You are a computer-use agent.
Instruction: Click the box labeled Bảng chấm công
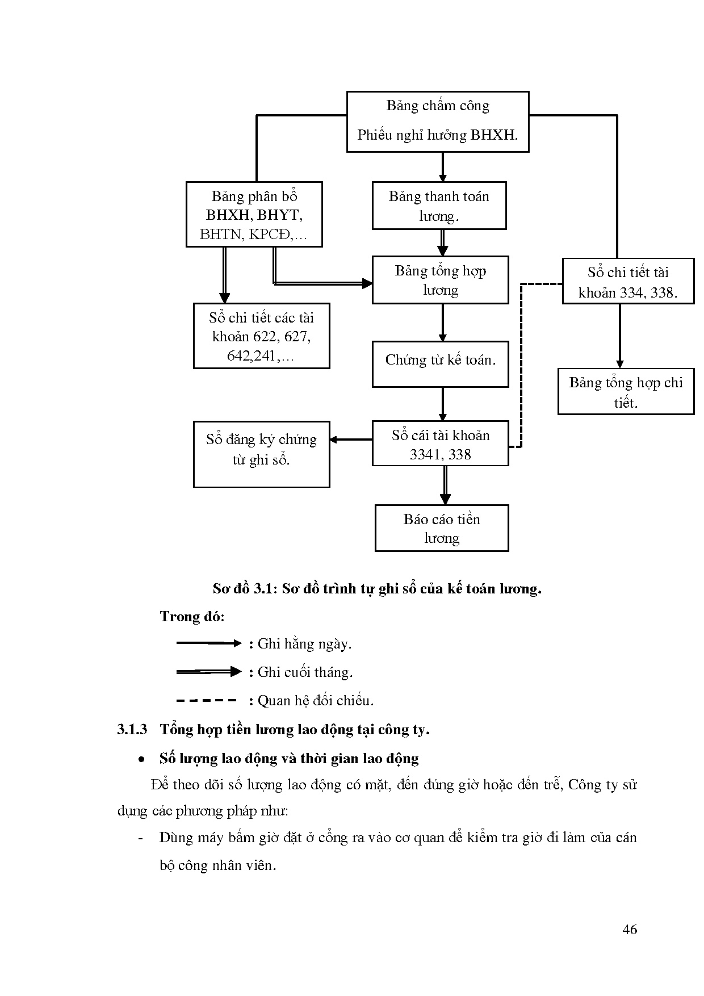(x=438, y=122)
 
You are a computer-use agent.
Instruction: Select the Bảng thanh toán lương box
(x=439, y=206)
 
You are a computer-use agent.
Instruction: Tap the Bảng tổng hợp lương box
(x=440, y=280)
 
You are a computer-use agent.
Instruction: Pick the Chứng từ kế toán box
(x=440, y=364)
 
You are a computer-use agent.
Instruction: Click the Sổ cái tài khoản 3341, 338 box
(x=440, y=443)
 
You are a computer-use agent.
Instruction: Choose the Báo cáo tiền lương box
(x=441, y=528)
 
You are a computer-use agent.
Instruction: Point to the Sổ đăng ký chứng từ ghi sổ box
(x=261, y=454)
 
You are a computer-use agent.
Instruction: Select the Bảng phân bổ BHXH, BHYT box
(x=254, y=215)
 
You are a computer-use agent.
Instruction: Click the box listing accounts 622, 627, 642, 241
(x=261, y=336)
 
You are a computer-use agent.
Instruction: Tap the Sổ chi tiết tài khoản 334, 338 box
(x=628, y=282)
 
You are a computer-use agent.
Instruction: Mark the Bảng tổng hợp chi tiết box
(x=626, y=392)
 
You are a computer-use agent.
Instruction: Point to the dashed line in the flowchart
(x=521, y=363)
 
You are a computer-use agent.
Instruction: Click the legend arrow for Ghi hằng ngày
(x=209, y=643)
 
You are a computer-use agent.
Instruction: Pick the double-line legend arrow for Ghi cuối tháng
(x=209, y=672)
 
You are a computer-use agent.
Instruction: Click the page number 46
(x=630, y=930)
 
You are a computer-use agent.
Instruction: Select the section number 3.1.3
(x=132, y=730)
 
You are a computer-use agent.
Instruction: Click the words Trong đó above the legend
(x=192, y=617)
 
